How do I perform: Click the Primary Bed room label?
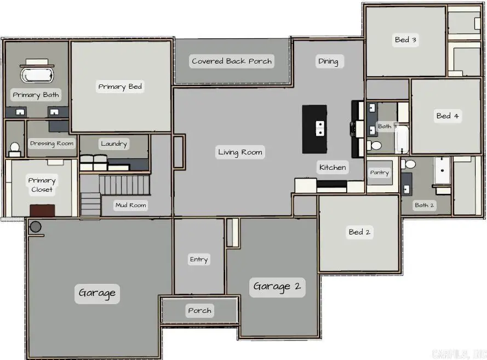coord(120,87)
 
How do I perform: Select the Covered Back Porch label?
coord(232,61)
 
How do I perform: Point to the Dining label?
coord(328,61)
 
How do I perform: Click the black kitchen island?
coord(314,129)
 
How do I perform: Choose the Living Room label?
coord(240,152)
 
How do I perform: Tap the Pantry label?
coord(379,173)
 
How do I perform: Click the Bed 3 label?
coord(406,39)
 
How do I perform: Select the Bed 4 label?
coord(448,116)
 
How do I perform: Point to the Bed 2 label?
coord(360,232)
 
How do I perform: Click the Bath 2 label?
coord(425,205)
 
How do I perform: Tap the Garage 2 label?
coord(277,287)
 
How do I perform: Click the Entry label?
coord(199,259)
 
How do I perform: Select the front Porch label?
coord(199,311)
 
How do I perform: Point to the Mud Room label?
coord(130,205)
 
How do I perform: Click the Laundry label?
coord(114,144)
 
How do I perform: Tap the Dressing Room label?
coord(51,144)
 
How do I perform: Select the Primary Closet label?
coord(42,185)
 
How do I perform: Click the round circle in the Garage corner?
coord(36,226)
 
